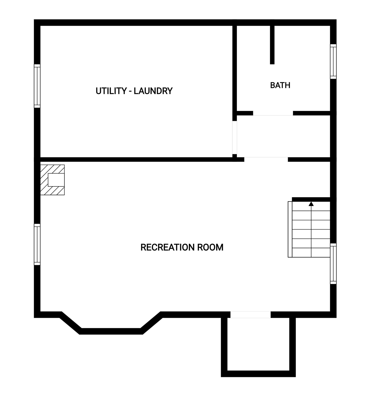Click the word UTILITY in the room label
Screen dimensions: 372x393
point(111,91)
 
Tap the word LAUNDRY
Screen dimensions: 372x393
point(153,91)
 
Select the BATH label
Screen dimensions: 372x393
point(280,85)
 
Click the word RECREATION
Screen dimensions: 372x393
point(167,247)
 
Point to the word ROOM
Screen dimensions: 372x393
point(210,247)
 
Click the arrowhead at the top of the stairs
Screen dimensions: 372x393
point(311,204)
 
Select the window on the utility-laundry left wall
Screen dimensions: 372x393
point(37,86)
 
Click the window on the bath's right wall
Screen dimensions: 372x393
point(333,62)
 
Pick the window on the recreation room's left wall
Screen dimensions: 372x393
point(37,244)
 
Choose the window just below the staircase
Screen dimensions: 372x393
point(333,264)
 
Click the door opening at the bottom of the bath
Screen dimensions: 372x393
point(273,113)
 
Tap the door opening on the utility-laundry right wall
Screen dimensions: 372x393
point(235,138)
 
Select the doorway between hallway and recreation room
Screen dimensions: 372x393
point(266,159)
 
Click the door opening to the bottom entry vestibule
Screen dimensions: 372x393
point(250,314)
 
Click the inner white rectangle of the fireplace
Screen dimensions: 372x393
point(56,180)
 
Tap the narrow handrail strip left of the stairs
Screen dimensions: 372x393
point(290,229)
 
